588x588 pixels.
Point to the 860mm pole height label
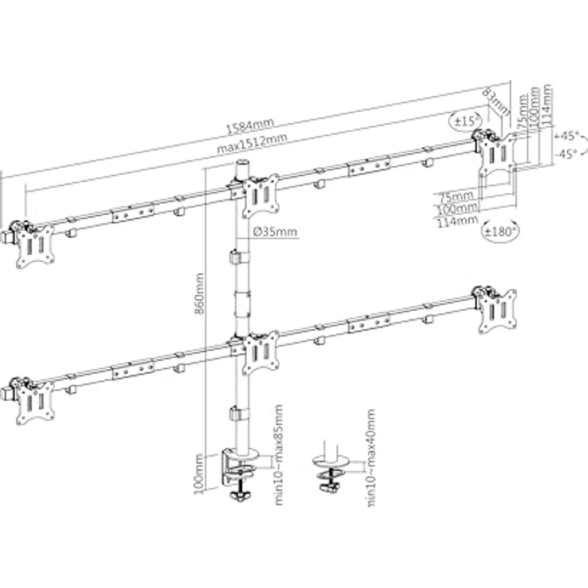[x=201, y=294]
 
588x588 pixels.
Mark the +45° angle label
[x=569, y=136]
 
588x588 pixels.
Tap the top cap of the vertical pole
[x=240, y=165]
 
